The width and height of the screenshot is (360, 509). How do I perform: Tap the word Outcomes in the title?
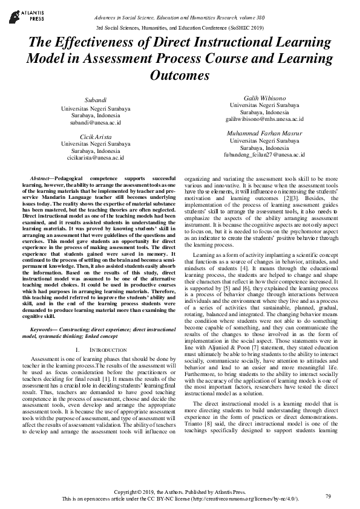click(179, 76)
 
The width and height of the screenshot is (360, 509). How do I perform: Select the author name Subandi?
click(95, 100)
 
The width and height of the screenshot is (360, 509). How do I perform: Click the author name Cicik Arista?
click(95, 136)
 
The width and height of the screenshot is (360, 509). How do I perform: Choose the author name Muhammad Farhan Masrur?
click(264, 132)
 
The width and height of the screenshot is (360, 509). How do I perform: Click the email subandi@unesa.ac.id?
click(95, 122)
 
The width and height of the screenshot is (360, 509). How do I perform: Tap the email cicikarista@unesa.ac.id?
click(95, 158)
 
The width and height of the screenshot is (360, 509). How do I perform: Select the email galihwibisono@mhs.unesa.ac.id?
click(264, 119)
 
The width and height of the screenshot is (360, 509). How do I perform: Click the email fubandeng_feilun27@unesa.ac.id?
click(264, 155)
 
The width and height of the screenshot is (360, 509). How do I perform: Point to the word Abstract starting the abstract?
click(41, 180)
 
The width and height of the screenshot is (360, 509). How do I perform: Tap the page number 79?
click(328, 496)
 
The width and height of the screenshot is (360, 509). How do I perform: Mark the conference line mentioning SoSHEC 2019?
click(180, 27)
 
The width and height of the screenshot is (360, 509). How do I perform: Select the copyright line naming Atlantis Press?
click(180, 492)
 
